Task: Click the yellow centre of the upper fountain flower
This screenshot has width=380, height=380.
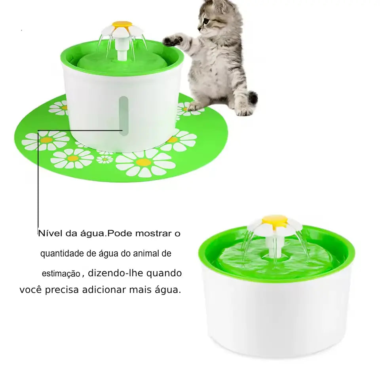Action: (122, 25)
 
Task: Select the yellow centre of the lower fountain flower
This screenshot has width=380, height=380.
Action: (275, 219)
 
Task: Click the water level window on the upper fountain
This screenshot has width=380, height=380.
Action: (123, 116)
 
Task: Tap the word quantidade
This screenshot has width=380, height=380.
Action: (62, 254)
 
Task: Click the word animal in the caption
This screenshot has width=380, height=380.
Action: (145, 253)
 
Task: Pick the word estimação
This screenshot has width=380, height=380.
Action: (61, 274)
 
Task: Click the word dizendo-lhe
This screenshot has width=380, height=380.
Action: (116, 273)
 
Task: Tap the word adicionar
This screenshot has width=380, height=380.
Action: (104, 290)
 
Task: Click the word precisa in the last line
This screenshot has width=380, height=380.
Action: (62, 290)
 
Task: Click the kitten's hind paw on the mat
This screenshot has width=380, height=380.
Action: (195, 106)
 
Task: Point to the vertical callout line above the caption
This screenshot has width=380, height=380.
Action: (38, 179)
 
